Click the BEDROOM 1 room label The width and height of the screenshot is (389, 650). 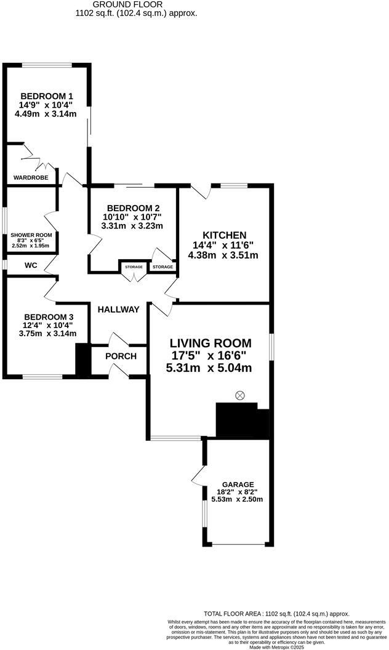coord(47,96)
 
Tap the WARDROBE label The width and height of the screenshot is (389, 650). coord(31,179)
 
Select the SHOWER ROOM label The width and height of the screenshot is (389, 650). coord(31,235)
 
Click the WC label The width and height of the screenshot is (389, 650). coord(31,265)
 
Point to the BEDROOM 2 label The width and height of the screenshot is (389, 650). coord(133,208)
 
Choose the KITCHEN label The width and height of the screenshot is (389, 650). coord(225,235)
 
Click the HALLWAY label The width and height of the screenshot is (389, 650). coord(118,310)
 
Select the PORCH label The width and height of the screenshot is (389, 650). coord(121,356)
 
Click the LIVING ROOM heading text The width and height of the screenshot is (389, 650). coord(211,343)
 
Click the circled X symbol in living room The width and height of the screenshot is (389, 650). coord(240,395)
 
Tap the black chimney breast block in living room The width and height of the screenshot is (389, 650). coord(241,421)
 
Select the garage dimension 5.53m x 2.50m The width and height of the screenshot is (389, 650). coord(237,499)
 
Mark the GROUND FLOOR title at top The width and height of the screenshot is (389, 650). coord(136,4)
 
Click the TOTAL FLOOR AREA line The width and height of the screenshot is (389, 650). coord(276,614)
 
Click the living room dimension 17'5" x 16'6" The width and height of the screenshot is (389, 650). coord(209,356)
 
